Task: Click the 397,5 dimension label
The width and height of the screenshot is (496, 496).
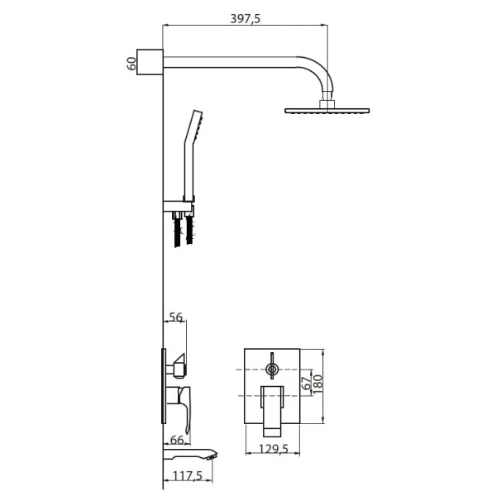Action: [x=246, y=19]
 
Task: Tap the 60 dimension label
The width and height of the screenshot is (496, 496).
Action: [x=131, y=64]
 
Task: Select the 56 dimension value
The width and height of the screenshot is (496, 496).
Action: [x=176, y=317]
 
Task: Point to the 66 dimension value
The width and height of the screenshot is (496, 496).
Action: [x=177, y=440]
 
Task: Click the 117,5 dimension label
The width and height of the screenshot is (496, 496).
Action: [x=188, y=475]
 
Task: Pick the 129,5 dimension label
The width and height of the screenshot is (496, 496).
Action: [x=274, y=449]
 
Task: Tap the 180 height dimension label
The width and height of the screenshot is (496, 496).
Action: [x=318, y=384]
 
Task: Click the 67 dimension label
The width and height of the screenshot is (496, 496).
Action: [x=307, y=384]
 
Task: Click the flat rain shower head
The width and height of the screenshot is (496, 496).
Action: [x=327, y=111]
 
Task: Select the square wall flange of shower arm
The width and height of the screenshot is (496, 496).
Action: [x=150, y=62]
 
